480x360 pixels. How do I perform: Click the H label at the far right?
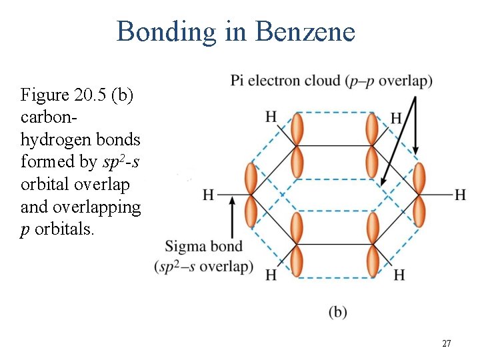[460, 195]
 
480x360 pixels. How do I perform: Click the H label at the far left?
[209, 195]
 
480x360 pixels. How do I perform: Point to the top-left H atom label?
[270, 117]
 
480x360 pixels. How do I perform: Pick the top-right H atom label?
[396, 118]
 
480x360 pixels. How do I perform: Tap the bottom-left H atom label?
[270, 275]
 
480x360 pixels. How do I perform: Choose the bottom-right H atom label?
[399, 275]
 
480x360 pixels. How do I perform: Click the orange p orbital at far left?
[251, 195]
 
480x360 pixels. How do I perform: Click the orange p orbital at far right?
[419, 195]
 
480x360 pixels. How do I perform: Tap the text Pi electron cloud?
[285, 81]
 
